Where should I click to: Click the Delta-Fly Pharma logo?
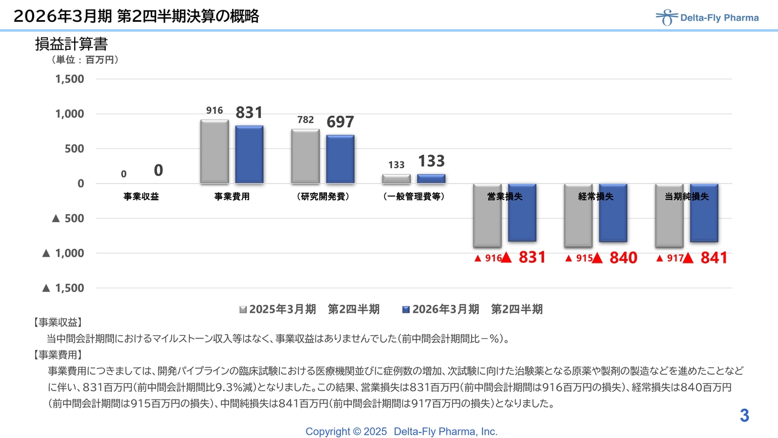707,18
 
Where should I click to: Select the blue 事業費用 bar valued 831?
249,155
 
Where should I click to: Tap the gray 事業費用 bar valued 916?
214,151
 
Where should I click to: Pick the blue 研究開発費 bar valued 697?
340,159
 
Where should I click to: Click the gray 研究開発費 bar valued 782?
305,156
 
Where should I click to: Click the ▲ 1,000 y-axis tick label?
63,253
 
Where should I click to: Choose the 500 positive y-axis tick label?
74,148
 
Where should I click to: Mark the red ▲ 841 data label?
705,259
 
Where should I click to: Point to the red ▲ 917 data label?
669,259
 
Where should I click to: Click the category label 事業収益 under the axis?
141,196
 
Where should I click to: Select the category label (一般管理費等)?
414,196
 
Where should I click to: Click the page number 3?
745,416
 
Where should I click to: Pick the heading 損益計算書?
71,44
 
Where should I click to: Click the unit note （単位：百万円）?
85,60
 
